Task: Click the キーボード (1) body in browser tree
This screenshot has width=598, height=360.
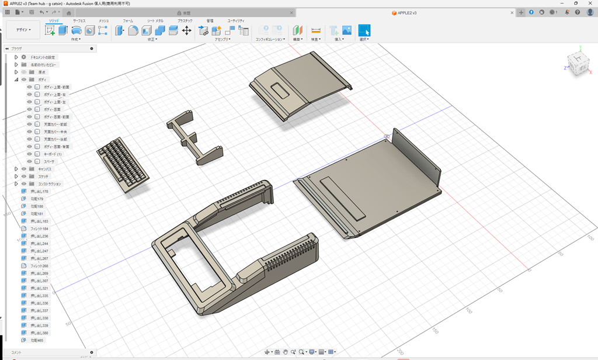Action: pyautogui.click(x=52, y=154)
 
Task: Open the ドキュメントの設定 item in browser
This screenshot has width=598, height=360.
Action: pyautogui.click(x=43, y=57)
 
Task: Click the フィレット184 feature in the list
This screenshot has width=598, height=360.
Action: pyautogui.click(x=39, y=229)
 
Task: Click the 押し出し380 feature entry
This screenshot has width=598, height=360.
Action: pyautogui.click(x=39, y=333)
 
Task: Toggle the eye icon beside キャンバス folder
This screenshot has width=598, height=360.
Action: pyautogui.click(x=24, y=169)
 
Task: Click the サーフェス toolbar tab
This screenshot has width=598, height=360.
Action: pyautogui.click(x=79, y=20)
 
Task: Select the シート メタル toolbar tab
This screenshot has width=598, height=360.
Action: pyautogui.click(x=155, y=20)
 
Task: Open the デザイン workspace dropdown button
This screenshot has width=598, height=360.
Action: pyautogui.click(x=23, y=30)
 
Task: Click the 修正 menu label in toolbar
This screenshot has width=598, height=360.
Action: pyautogui.click(x=152, y=40)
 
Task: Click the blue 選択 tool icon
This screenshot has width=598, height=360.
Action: pyautogui.click(x=364, y=30)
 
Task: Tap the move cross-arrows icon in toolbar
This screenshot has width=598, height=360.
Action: pyautogui.click(x=187, y=30)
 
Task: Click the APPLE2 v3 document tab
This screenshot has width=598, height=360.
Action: pyautogui.click(x=405, y=12)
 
